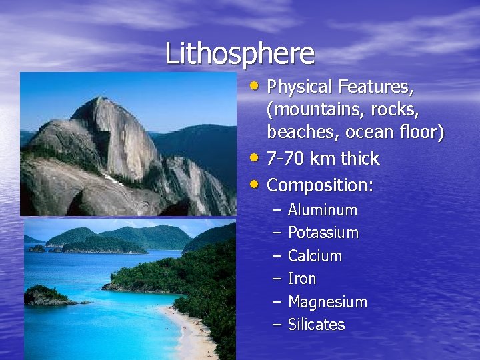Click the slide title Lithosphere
point(240,53)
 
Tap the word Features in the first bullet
point(375,87)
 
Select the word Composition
point(319,185)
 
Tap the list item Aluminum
point(323,210)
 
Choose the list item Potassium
point(323,233)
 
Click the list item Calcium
point(315,256)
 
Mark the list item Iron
point(302,279)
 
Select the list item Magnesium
point(327,302)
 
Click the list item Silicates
point(317,325)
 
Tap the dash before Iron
point(277,279)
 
